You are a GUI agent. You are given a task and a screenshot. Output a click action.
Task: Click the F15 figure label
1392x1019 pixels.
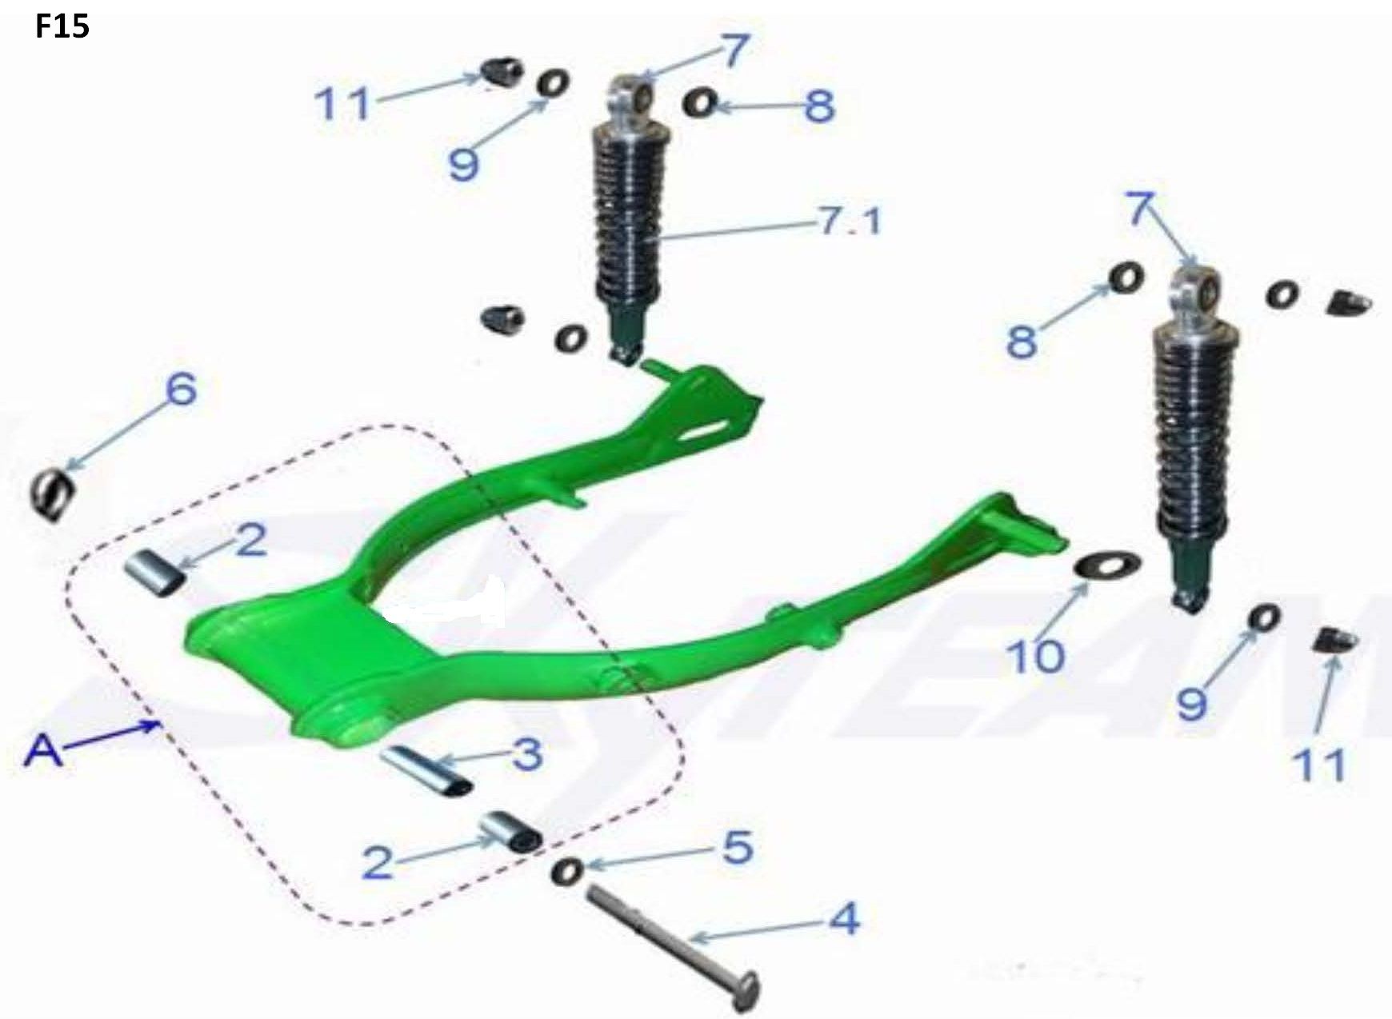62,27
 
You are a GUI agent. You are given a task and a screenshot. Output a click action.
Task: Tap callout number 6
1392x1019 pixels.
181,390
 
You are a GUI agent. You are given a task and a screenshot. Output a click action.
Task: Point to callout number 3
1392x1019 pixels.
527,753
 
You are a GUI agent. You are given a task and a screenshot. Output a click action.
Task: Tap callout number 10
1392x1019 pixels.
1036,656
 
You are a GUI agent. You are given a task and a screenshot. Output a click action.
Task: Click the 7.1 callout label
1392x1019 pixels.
848,220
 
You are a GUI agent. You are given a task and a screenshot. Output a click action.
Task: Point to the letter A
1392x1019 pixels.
43,753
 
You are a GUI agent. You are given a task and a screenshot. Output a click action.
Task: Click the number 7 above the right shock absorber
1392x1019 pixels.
1142,209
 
